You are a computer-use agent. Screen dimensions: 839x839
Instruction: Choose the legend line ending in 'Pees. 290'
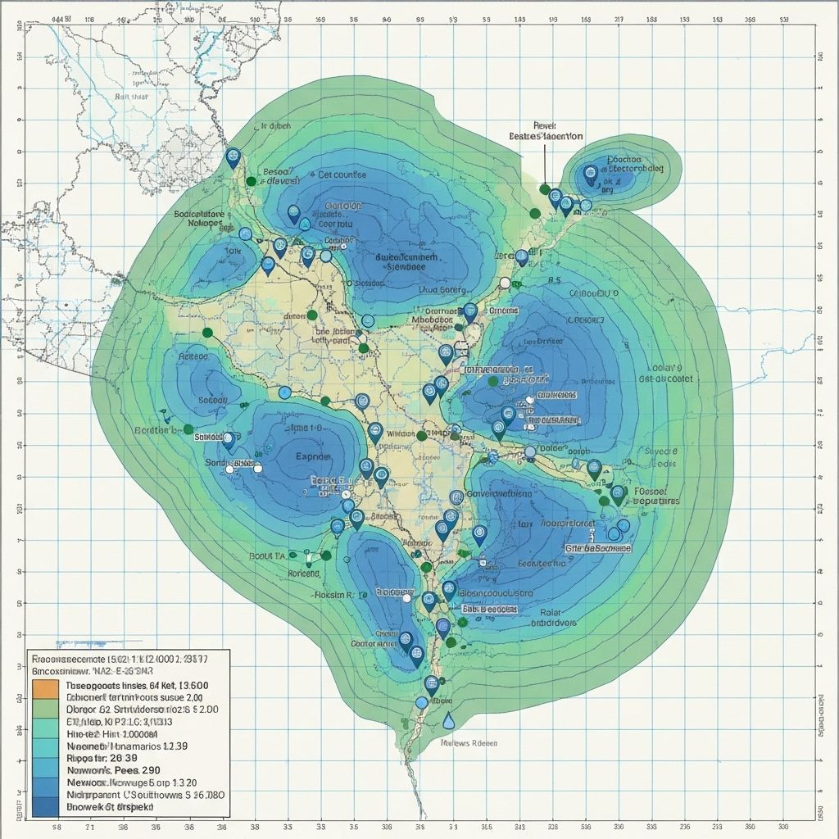(x=112, y=770)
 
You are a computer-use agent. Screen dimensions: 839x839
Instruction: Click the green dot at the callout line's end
(x=545, y=189)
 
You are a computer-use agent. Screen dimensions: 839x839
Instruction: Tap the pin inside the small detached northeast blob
(x=590, y=174)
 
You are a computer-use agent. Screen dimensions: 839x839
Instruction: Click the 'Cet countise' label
(x=342, y=175)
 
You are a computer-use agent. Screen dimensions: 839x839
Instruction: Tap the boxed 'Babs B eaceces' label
(x=489, y=610)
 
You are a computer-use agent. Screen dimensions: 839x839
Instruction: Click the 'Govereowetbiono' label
(x=499, y=494)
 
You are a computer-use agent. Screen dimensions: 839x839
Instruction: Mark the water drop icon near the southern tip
(x=448, y=721)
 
